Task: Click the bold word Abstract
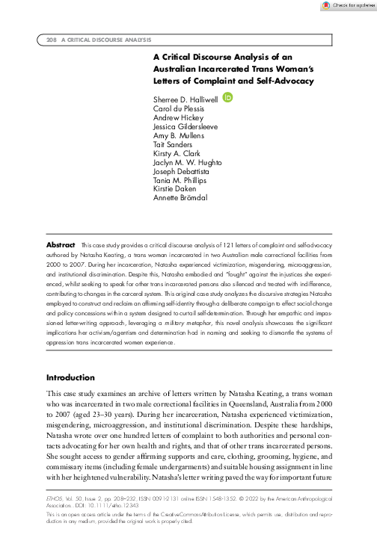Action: click(x=61, y=245)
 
